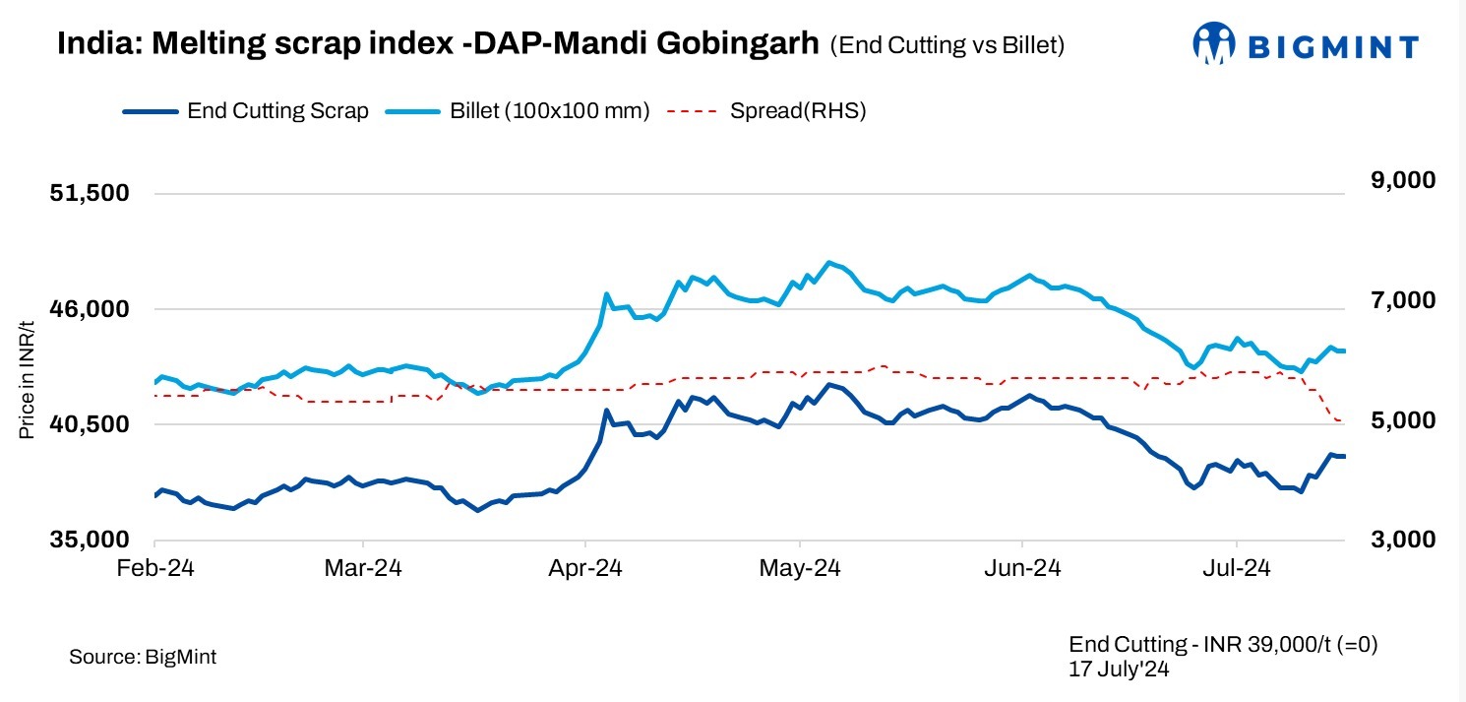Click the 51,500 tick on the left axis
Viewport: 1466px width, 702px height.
pyautogui.click(x=90, y=193)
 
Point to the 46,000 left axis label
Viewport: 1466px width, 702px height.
pyautogui.click(x=90, y=309)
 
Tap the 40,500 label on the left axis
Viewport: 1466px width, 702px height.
pyautogui.click(x=90, y=424)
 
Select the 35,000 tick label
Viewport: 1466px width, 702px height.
pyautogui.click(x=90, y=540)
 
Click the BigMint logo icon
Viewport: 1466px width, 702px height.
pyautogui.click(x=1213, y=44)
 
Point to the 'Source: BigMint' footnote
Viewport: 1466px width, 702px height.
pyautogui.click(x=143, y=657)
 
